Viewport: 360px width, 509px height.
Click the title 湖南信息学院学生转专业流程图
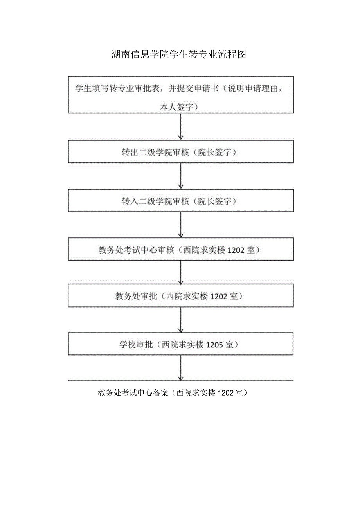[x=178, y=54]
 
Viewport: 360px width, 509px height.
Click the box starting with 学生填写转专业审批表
[x=181, y=95]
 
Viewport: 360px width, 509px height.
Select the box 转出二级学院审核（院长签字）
[x=181, y=152]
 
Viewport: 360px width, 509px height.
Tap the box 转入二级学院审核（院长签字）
[x=181, y=201]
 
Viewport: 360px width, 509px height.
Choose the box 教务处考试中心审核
[x=181, y=249]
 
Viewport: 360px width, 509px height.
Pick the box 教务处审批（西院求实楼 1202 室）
[x=181, y=296]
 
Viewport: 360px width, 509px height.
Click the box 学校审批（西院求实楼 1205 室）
[x=181, y=344]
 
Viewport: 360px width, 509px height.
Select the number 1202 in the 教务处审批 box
[x=219, y=296]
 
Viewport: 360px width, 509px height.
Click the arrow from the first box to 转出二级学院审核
[x=181, y=127]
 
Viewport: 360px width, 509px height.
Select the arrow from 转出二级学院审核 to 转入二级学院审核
[x=181, y=176]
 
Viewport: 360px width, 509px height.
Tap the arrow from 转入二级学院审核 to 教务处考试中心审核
[x=181, y=225]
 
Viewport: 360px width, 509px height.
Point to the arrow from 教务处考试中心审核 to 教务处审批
[x=181, y=272]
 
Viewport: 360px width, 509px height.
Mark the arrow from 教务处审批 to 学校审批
[x=181, y=320]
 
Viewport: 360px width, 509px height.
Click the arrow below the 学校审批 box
[x=181, y=368]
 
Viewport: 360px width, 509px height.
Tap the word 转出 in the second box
[x=129, y=153]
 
